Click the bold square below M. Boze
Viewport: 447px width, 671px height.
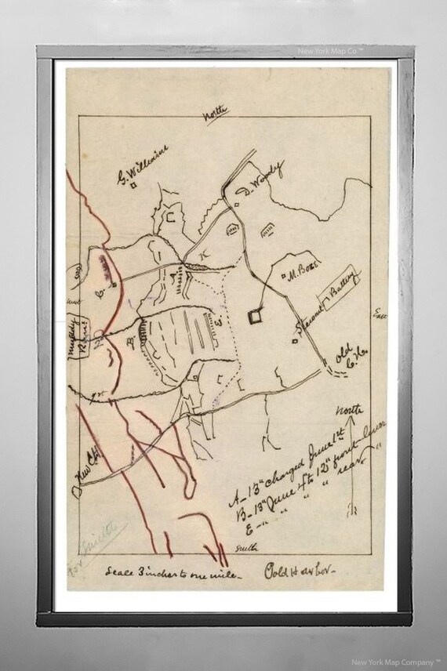254,317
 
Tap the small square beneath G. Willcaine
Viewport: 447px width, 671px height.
135,186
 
